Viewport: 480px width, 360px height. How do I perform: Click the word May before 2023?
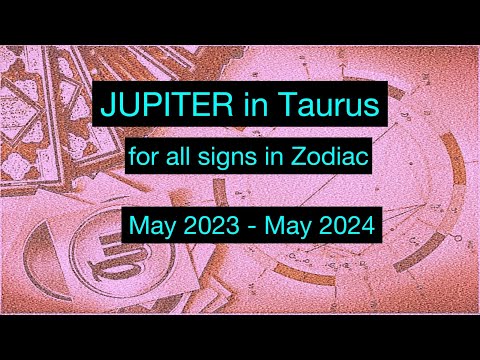click(152, 227)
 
